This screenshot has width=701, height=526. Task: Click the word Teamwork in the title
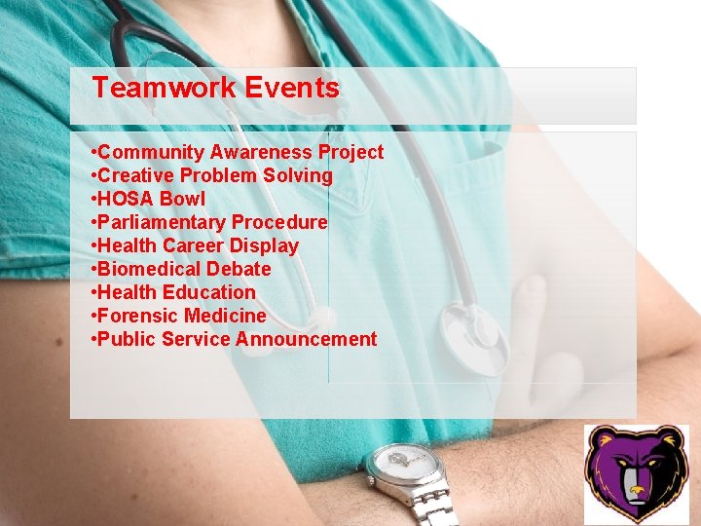[165, 89]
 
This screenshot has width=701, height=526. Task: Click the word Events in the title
[292, 89]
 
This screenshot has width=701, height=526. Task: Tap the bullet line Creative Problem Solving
[211, 175]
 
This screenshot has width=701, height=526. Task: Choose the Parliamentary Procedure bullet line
[208, 222]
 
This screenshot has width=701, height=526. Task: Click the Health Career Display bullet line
[195, 245]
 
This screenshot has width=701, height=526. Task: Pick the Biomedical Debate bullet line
[181, 269]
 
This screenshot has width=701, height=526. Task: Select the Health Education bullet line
[173, 292]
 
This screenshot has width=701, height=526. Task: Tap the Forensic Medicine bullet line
[178, 316]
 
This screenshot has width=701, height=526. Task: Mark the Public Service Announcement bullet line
[234, 339]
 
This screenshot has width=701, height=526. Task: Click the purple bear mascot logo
[635, 475]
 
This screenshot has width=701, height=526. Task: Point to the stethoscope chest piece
[474, 336]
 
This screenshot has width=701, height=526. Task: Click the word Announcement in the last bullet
[306, 339]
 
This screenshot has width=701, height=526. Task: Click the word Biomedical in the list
[142, 269]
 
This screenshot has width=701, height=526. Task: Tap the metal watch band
[429, 507]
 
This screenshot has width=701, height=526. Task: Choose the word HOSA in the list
[126, 199]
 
